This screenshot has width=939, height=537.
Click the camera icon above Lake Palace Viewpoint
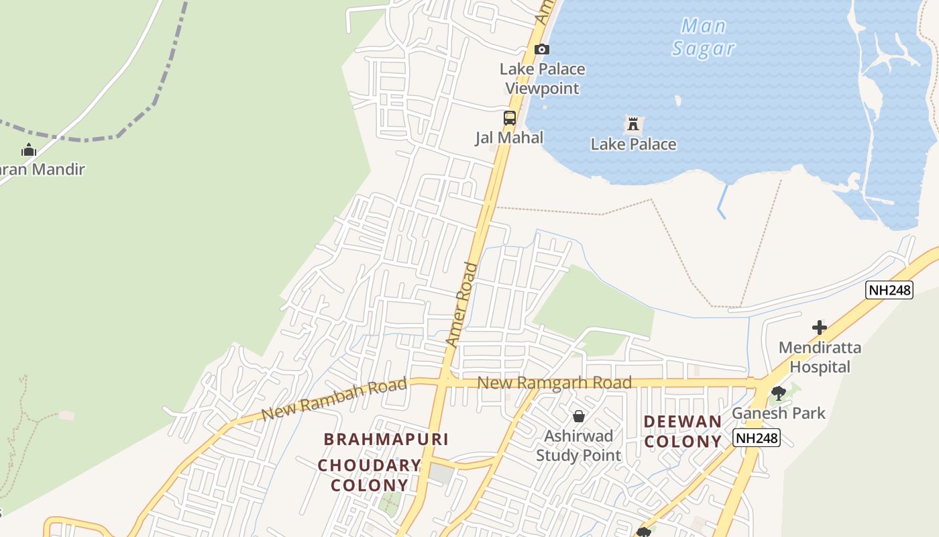[542, 49]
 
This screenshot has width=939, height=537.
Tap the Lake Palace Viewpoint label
[543, 79]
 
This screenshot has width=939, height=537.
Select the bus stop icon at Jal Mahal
[510, 118]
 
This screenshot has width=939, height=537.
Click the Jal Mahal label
[510, 138]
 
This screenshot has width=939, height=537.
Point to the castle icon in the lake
[633, 124]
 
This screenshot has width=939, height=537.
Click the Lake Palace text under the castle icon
[633, 144]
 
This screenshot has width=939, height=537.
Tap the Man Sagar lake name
[704, 38]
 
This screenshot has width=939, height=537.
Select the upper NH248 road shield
[889, 290]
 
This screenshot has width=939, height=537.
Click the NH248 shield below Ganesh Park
[757, 438]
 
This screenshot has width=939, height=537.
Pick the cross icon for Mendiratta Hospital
[820, 328]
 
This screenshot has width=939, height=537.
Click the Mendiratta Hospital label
[820, 357]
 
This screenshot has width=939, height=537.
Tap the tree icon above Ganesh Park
[778, 393]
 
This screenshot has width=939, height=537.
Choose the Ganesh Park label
[778, 413]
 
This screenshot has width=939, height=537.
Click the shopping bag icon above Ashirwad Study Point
[579, 416]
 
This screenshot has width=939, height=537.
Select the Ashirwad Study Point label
[579, 445]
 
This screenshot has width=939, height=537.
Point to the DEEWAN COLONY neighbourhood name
[683, 432]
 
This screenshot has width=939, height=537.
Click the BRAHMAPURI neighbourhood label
[386, 439]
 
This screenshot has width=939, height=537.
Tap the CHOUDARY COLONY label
[370, 475]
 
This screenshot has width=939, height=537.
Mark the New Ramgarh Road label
[555, 383]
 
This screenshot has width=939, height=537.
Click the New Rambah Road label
[334, 399]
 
